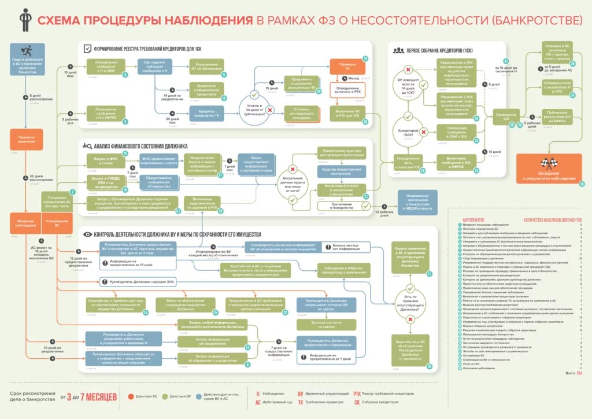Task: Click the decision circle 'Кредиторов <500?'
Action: pos(409,132)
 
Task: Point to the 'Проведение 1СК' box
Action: pos(502,116)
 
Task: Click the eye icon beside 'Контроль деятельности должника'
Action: pos(88,234)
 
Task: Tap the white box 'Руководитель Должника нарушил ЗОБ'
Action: pos(138,282)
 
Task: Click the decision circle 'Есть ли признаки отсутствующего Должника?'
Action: pos(409,302)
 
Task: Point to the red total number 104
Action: pos(579,374)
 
